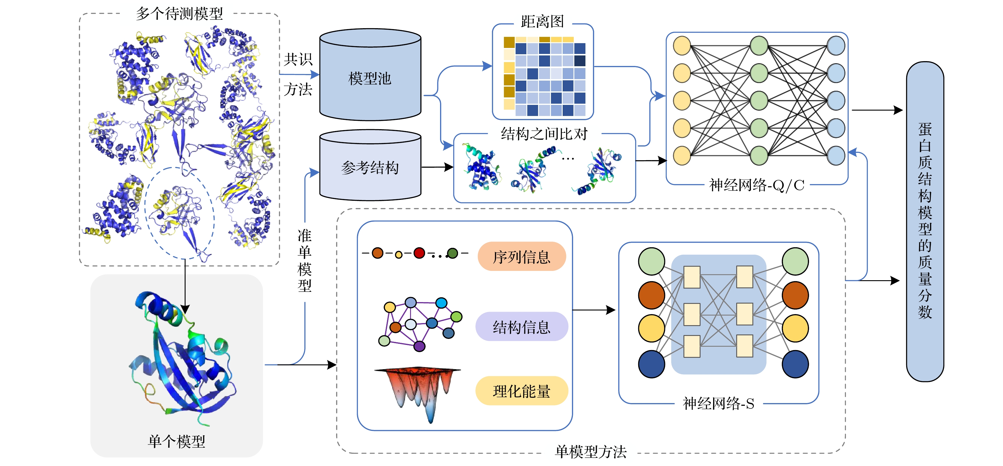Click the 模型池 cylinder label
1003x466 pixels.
pos(370,79)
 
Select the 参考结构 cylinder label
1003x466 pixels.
pos(370,168)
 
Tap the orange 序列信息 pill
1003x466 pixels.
pos(521,257)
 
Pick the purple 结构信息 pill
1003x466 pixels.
pos(521,327)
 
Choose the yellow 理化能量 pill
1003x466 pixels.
pos(521,391)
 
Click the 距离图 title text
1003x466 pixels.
pos(542,21)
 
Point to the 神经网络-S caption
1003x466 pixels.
pos(718,404)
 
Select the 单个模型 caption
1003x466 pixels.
pos(176,441)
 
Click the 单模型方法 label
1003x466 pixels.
pos(591,452)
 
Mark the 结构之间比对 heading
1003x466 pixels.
pos(544,134)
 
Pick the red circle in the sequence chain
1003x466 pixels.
pos(419,253)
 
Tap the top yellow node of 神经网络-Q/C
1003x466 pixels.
pos(682,46)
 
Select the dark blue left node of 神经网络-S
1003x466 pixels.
pos(651,364)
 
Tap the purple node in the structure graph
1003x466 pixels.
pos(419,346)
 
